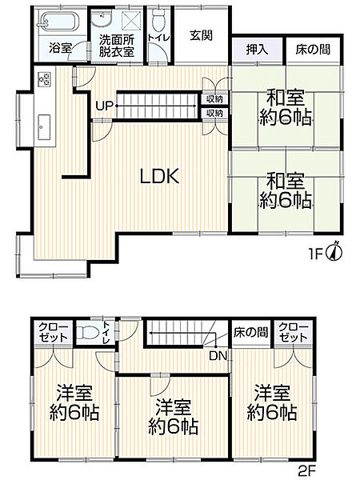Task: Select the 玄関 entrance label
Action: tap(202, 34)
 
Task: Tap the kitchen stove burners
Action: tap(43, 80)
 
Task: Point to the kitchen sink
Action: tap(44, 126)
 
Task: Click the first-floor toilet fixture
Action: tap(158, 17)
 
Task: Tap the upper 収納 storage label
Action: tap(214, 99)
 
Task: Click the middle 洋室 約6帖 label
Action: tap(173, 416)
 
